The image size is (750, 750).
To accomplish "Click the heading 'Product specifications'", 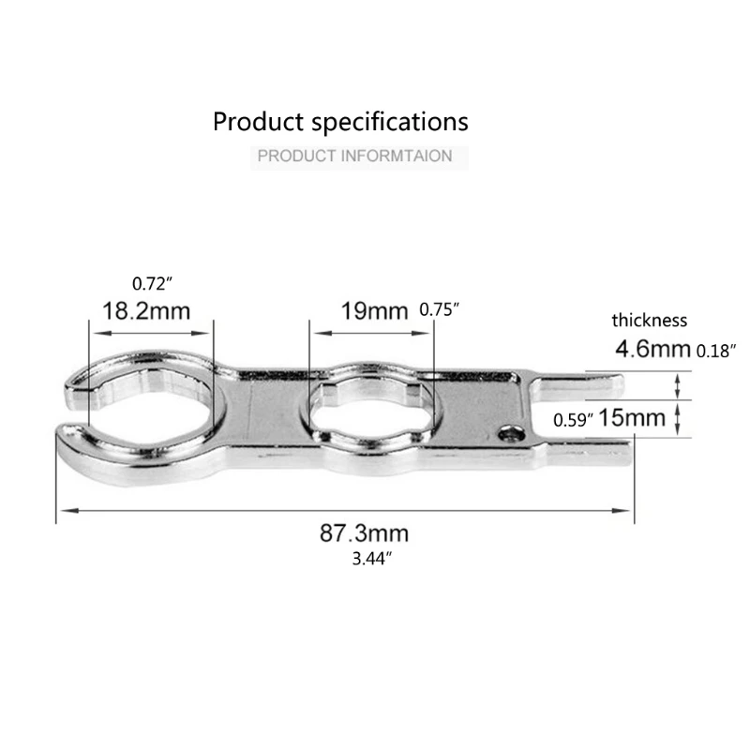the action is pyautogui.click(x=340, y=123).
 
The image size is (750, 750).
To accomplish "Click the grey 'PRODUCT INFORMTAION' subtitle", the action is pyautogui.click(x=354, y=156).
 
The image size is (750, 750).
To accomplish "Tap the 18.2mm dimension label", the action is pyautogui.click(x=146, y=311).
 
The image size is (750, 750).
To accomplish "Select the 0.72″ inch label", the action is pyautogui.click(x=152, y=284).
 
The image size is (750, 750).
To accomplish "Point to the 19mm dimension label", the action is pyautogui.click(x=374, y=311).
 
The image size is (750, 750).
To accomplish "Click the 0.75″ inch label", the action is pyautogui.click(x=439, y=310).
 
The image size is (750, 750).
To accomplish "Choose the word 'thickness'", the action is pyautogui.click(x=649, y=320).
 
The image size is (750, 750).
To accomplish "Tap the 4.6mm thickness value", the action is pyautogui.click(x=652, y=349).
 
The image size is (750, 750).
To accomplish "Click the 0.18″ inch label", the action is pyautogui.click(x=716, y=351).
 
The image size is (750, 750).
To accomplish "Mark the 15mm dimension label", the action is pyautogui.click(x=632, y=417).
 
